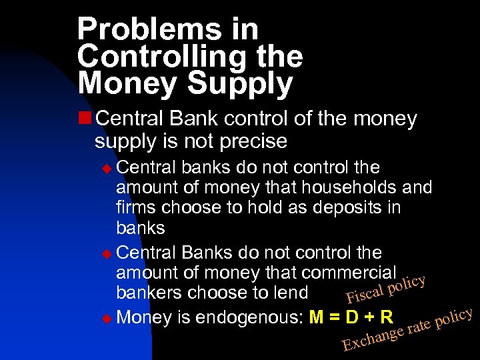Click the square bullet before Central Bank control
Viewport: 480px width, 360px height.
(x=85, y=119)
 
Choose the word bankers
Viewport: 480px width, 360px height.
(x=149, y=293)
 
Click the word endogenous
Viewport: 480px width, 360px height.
(x=249, y=315)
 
